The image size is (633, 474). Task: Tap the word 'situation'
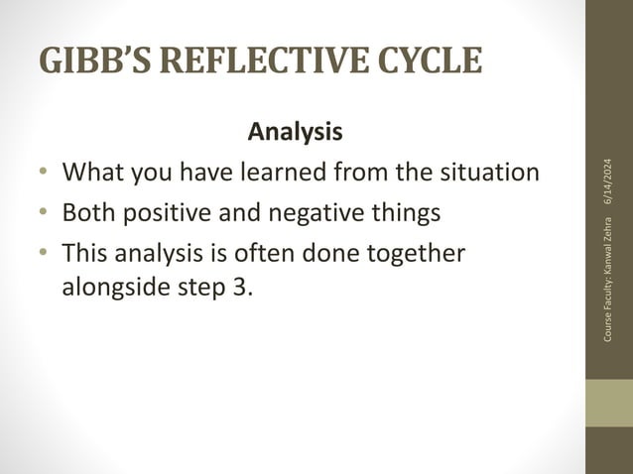487,173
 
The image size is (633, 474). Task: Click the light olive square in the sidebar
608,403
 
